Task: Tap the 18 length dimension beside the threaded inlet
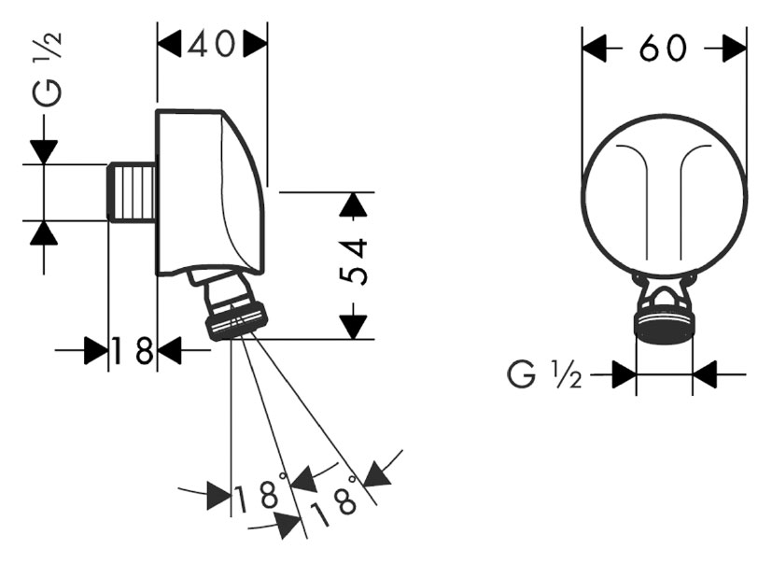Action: pos(133,352)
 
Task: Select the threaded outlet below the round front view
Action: pos(664,325)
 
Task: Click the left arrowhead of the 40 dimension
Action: pos(169,45)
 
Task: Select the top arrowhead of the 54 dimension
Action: pos(352,204)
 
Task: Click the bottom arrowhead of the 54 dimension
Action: pos(352,326)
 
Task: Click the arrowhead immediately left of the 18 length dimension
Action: pos(96,352)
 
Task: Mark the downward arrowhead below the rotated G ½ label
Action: pos(44,152)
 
